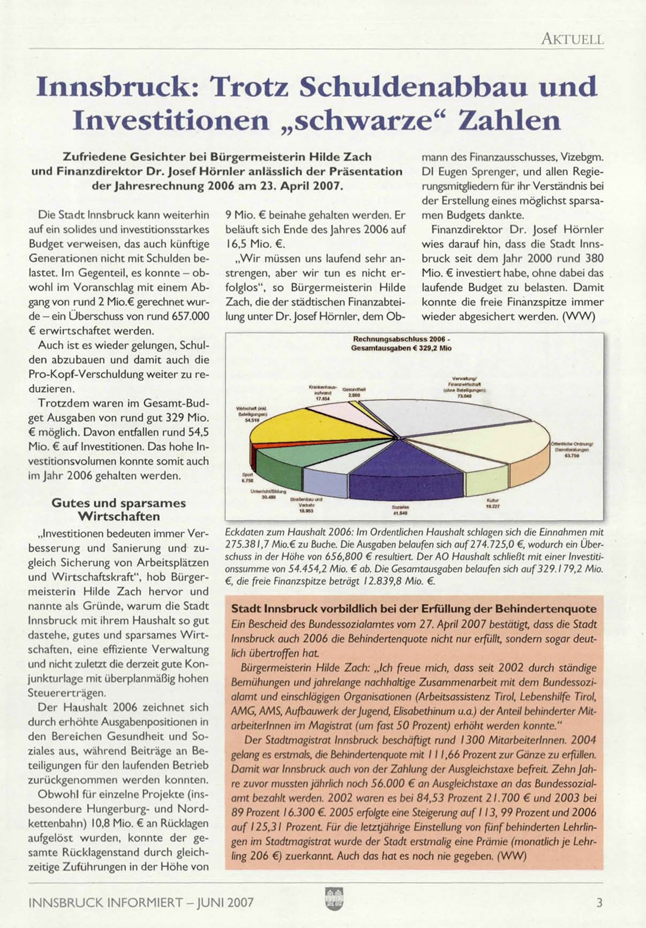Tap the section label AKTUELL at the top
coord(573,39)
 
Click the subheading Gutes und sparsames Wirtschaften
coord(118,510)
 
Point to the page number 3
coord(599,902)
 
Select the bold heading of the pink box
coord(414,609)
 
